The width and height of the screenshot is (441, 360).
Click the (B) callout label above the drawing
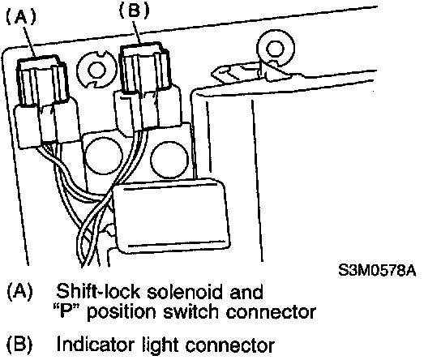pos(134,11)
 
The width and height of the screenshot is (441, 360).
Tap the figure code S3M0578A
pos(377,271)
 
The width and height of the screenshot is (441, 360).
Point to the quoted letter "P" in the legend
pos(64,311)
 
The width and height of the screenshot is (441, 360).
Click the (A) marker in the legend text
pos(20,292)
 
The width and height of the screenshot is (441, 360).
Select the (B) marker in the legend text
pos(19,345)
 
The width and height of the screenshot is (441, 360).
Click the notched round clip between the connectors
pos(96,70)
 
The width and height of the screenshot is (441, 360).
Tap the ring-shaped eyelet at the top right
pos(276,49)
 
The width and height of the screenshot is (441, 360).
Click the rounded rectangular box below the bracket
pos(172,216)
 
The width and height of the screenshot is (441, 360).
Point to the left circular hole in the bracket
pos(104,156)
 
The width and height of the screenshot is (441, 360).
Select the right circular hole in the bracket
pos(169,160)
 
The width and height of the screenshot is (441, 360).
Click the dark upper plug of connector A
pos(43,79)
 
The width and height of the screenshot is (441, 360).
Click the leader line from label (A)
pos(29,41)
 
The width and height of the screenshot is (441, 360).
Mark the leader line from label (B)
pos(136,32)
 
